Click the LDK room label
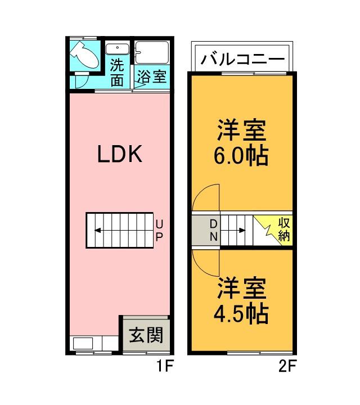[x=119, y=154]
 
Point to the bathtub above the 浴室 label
[x=152, y=52]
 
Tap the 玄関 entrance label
[x=146, y=336]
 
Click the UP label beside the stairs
[x=159, y=230]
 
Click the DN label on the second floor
[x=214, y=230]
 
